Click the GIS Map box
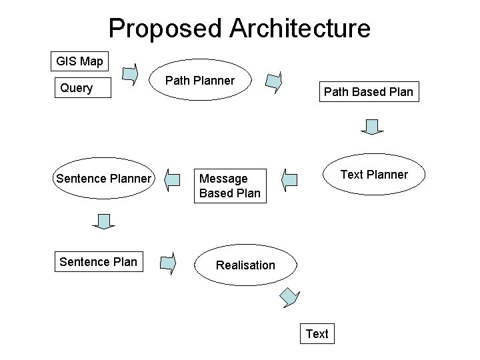point(79,61)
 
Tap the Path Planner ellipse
point(200,81)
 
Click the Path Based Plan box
point(369,92)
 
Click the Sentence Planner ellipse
point(104,179)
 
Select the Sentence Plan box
point(98,262)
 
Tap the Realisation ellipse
point(245,265)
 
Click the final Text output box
point(317,333)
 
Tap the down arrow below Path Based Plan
point(373,127)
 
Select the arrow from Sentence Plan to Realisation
point(169,263)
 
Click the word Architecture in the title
point(300,28)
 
